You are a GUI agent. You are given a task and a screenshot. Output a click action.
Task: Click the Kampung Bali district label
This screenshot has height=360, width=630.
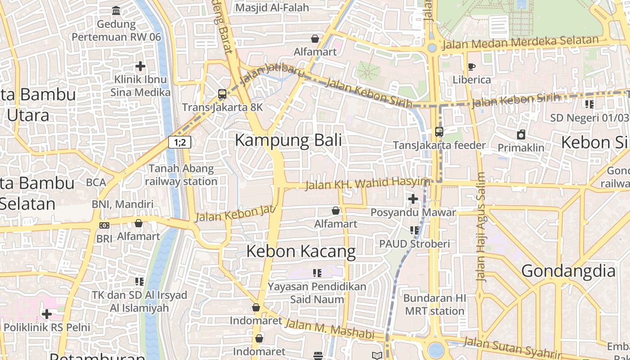pos(288,140)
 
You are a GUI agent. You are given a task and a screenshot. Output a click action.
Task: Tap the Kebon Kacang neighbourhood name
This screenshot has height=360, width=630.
pos(301,251)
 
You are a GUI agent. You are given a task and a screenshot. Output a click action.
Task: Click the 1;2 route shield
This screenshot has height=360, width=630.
pos(180,143)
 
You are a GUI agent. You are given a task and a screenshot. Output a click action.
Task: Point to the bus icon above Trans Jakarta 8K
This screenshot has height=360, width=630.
pos(222,94)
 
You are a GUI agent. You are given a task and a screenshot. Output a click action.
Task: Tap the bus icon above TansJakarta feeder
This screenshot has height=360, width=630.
pos(439,132)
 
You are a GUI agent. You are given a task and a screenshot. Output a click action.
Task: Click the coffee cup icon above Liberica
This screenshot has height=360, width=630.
pos(471,67)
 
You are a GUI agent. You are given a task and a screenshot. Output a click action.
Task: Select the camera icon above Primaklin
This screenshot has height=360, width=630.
pos(521,135)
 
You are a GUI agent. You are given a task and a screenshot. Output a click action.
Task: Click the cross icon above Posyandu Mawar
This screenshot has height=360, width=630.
pos(413,198)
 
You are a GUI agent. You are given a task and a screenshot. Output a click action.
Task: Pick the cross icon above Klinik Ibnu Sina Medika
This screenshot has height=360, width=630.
pos(140,66)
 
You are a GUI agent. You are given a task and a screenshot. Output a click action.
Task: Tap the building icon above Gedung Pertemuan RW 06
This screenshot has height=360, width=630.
pos(116,10)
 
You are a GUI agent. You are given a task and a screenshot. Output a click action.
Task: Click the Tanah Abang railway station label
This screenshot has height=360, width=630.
pos(181,175)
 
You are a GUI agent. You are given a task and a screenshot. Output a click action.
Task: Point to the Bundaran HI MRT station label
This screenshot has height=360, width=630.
pos(435,305)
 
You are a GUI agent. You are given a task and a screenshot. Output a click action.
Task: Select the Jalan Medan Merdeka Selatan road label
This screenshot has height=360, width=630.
pos(521,42)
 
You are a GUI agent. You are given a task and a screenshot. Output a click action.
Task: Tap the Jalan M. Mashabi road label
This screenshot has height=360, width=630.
pos(330,329)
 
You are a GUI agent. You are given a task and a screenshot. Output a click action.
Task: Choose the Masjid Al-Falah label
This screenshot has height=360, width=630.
pos(272,8)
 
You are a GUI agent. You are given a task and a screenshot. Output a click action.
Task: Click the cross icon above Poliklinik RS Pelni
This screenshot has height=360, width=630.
pos(47,314)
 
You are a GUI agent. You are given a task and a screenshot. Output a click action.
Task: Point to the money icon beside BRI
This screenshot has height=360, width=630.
pos(104,225)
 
